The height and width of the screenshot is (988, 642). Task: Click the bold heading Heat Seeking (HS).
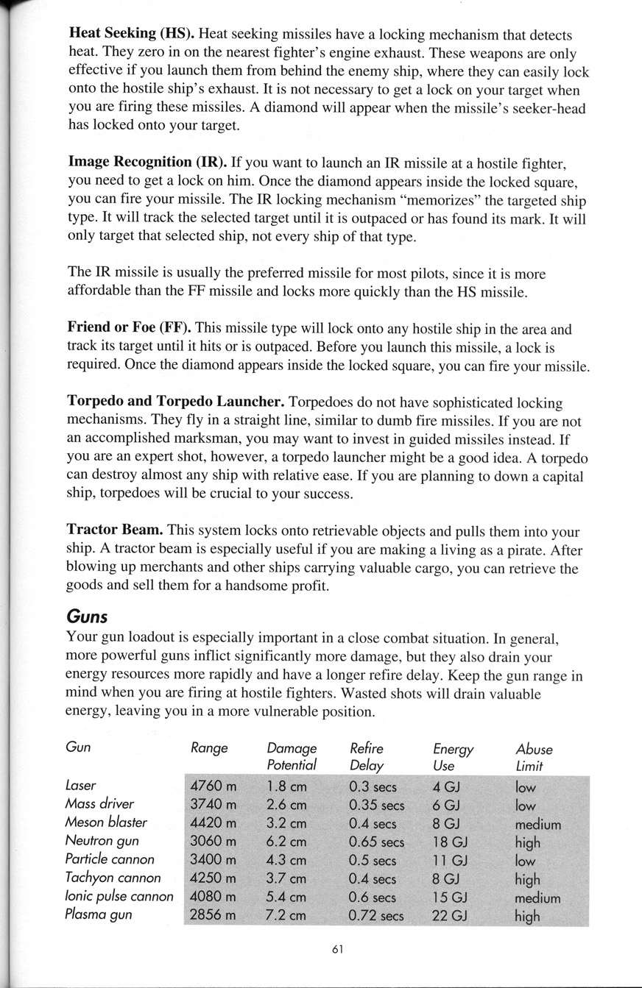click(x=131, y=34)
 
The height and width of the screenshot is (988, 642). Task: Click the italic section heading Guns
click(x=87, y=616)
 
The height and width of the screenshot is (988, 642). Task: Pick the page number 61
click(x=338, y=949)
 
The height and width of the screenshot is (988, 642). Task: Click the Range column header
click(x=209, y=749)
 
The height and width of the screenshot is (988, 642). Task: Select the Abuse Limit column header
click(x=534, y=757)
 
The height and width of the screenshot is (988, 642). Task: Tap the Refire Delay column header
click(x=367, y=757)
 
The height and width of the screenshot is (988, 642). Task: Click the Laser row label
click(x=81, y=786)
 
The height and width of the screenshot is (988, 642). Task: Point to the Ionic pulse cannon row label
click(x=119, y=897)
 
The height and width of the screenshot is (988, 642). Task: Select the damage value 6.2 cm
click(x=287, y=841)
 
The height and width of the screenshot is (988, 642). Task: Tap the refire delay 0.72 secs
click(x=376, y=916)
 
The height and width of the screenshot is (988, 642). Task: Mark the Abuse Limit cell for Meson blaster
click(x=538, y=823)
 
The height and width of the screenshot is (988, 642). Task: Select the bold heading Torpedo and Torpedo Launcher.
click(x=175, y=402)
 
